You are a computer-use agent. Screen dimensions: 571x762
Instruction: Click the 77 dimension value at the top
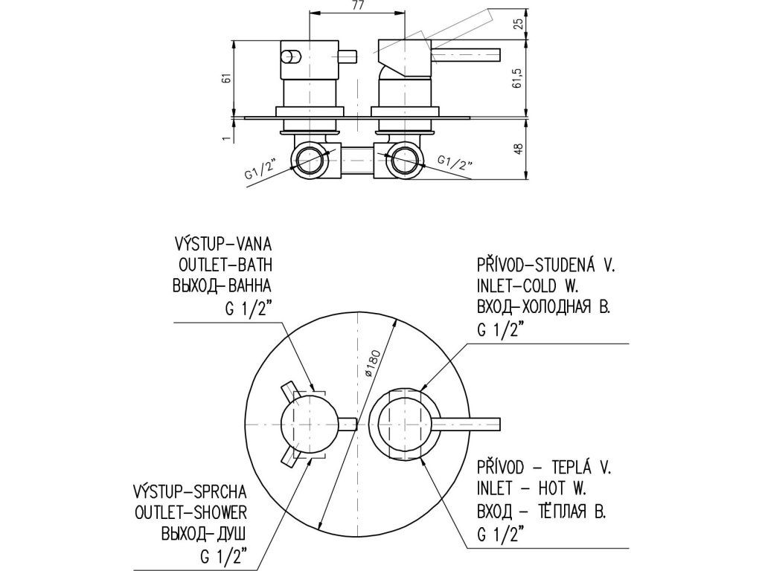[357, 7]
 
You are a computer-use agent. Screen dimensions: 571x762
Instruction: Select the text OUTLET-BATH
[226, 265]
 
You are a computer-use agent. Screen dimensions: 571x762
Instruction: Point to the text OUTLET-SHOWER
[190, 512]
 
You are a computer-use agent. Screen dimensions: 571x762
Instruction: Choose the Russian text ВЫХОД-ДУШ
[204, 534]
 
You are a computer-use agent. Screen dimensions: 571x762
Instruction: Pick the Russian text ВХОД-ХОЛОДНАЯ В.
[543, 306]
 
